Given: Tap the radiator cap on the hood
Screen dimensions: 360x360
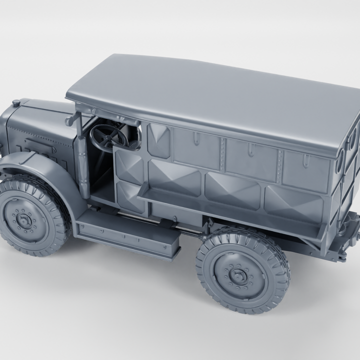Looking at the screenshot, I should [16, 103].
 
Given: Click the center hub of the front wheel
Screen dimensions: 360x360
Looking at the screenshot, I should [24, 218].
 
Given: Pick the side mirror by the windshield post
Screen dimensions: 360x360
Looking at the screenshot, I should [72, 119].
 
